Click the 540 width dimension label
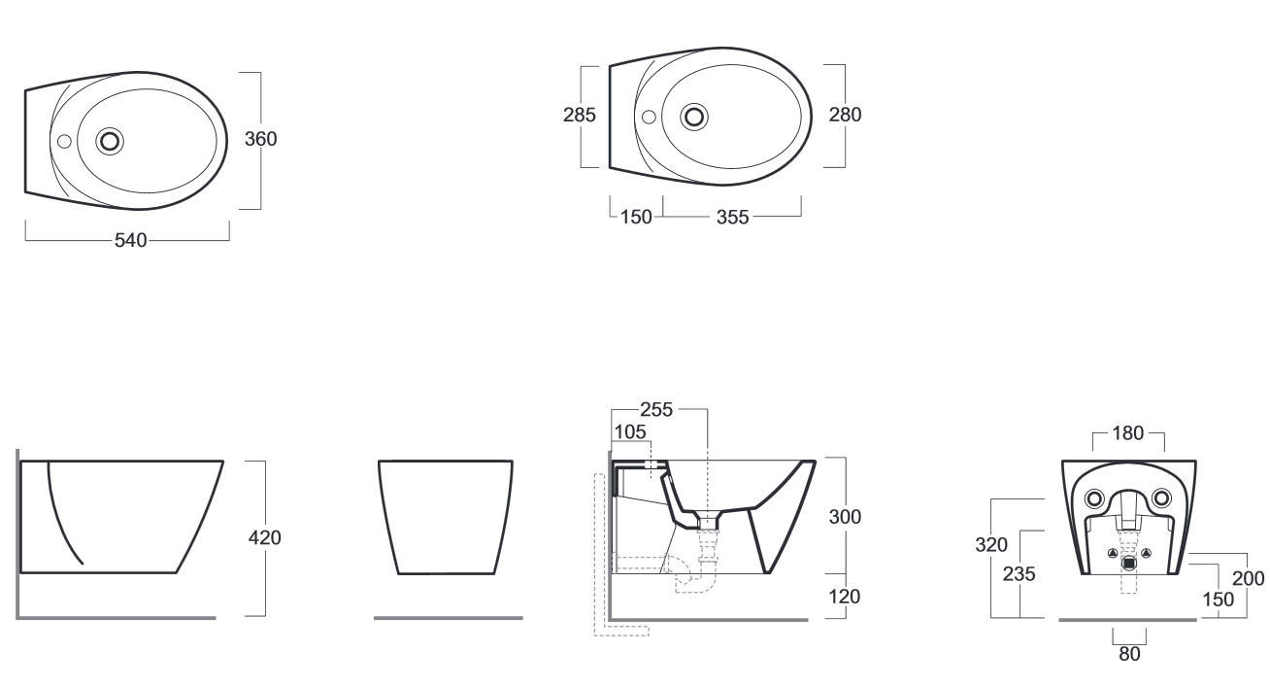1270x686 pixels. point(130,241)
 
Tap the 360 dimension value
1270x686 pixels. point(261,139)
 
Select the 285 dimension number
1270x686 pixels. point(580,116)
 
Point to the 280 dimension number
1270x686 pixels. point(846,115)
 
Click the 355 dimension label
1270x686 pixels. point(732,218)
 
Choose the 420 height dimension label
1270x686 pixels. point(265,538)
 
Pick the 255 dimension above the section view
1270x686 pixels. point(656,410)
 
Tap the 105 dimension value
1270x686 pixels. point(630,432)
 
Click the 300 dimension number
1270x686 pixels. point(846,517)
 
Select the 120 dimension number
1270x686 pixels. point(845,597)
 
